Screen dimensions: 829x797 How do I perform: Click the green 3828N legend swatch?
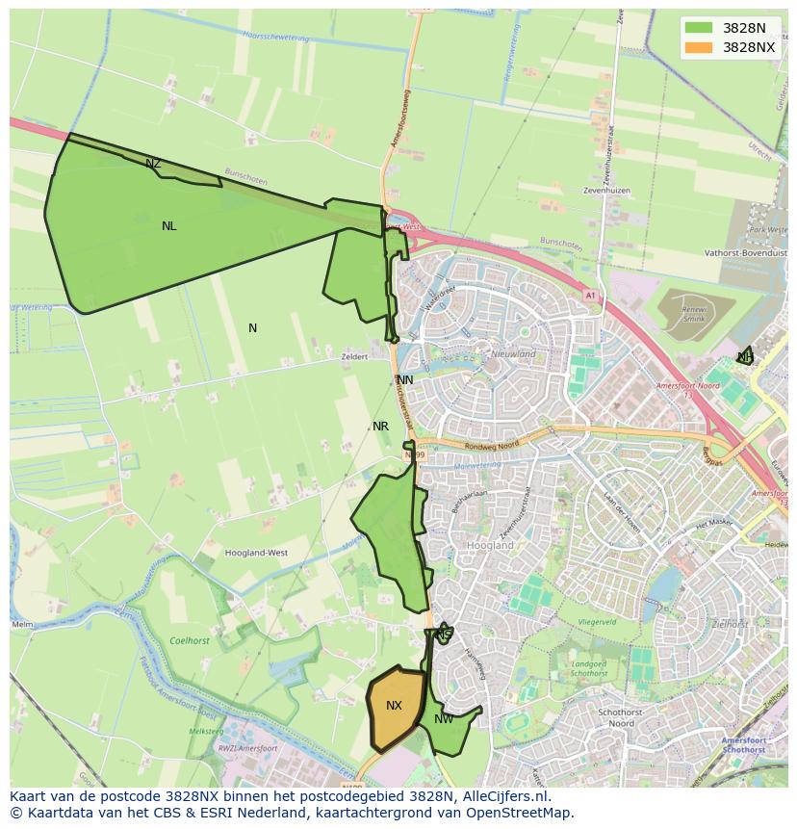coord(700,28)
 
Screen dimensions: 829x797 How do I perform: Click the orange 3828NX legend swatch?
coord(700,47)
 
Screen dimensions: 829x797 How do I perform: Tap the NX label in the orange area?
coord(394,706)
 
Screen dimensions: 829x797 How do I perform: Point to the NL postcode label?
coord(169,226)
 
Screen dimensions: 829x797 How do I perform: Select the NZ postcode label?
coord(153,164)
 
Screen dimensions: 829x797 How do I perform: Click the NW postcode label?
coord(444,719)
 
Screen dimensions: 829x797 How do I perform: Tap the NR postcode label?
coord(380,427)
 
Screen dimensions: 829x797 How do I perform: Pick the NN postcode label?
coord(405,380)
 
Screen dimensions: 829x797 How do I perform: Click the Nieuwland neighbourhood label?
coord(514,354)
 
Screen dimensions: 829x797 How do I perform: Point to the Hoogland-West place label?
coord(256,554)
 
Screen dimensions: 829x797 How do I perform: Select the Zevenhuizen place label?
coord(606,191)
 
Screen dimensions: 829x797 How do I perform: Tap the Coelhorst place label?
coord(189,640)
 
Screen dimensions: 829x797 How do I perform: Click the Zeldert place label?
coord(354,356)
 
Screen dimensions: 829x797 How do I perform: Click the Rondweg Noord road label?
coord(498,444)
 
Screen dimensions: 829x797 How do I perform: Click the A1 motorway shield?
coord(590,297)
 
